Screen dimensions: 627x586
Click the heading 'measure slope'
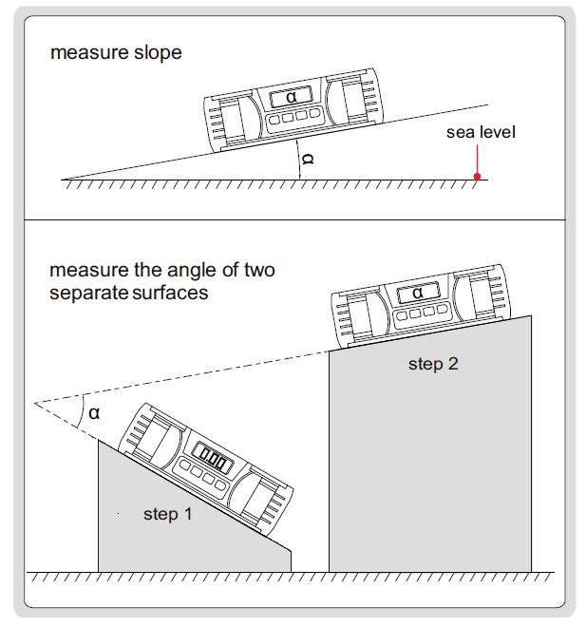coord(115,53)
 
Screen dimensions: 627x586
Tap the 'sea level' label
coord(481,132)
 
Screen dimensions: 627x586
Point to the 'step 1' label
coord(167,514)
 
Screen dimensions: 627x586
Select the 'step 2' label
coord(433,364)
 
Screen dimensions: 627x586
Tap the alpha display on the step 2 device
coord(417,293)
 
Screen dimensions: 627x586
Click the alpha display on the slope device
coord(290,98)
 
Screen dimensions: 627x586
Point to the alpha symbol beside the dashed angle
coord(94,412)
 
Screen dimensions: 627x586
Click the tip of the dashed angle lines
coord(36,403)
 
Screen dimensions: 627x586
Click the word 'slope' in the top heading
coord(160,53)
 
